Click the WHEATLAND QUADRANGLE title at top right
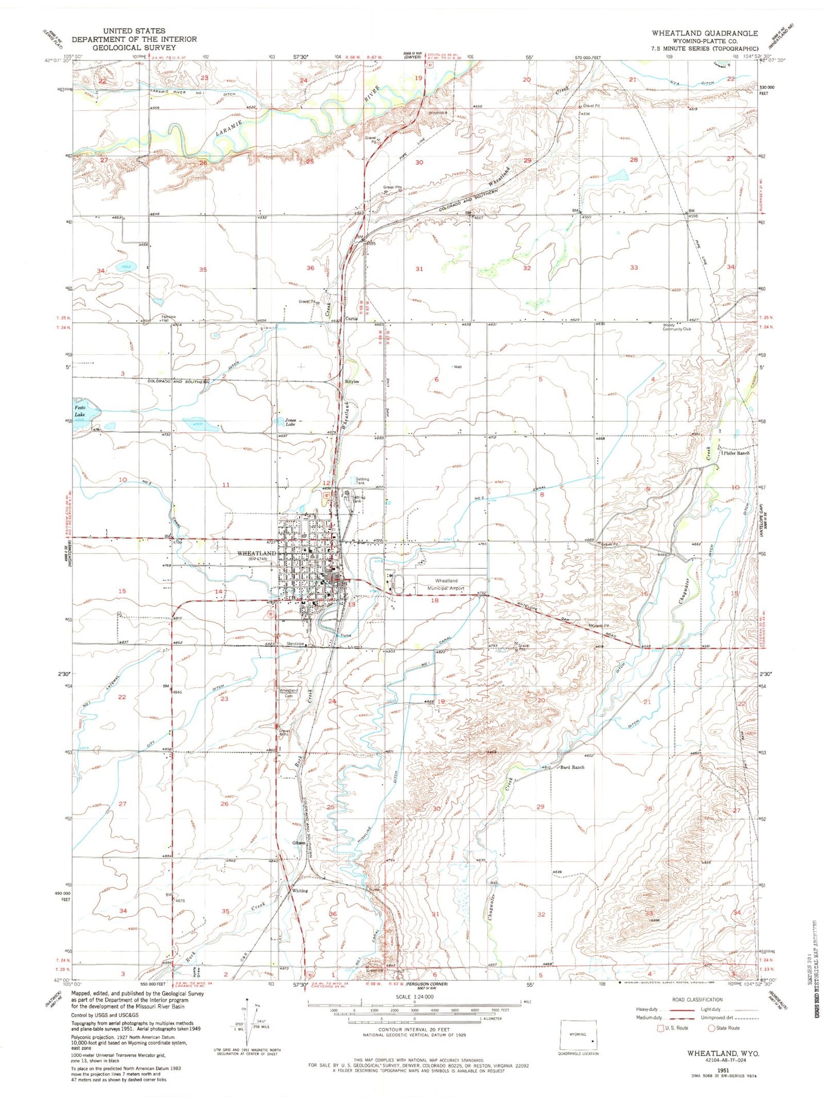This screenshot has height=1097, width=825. click(705, 34)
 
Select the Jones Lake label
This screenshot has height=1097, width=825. click(290, 423)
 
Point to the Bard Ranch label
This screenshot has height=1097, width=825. click(573, 768)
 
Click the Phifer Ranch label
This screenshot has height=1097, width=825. click(735, 453)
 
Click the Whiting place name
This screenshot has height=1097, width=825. click(300, 891)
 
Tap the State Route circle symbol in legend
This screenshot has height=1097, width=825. click(711, 1028)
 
